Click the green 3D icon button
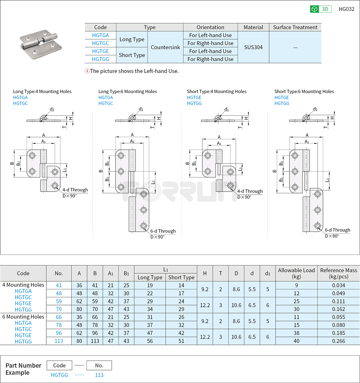[321, 9]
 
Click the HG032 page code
[346, 9]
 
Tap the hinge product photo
[40, 47]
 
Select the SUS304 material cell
[253, 47]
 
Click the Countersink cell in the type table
[165, 47]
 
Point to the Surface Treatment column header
[295, 27]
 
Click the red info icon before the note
[87, 71]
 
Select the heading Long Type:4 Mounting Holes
[42, 91]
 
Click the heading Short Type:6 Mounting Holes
[304, 91]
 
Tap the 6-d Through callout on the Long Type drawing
[163, 231]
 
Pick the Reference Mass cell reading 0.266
[338, 341]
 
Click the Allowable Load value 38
[296, 333]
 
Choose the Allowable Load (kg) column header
[296, 273]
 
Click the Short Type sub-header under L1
[181, 277]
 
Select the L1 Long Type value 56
[150, 341]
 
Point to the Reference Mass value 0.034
[338, 285]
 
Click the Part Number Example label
[23, 369]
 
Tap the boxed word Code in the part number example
[59, 365]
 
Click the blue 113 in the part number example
[99, 375]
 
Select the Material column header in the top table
[253, 27]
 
